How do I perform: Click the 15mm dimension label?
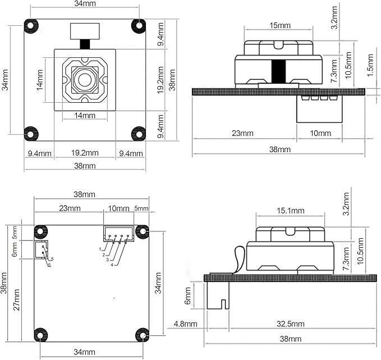pos(280,25)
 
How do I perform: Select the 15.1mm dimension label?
pos(290,211)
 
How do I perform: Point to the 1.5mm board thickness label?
pos(370,65)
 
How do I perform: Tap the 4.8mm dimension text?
pos(185,324)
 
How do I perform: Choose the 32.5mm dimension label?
pos(290,324)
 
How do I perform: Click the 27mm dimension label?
pos(16,300)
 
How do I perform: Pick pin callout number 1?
pos(100,249)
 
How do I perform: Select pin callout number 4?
pos(112,265)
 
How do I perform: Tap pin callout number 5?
pos(52,259)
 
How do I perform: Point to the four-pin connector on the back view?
pos(119,234)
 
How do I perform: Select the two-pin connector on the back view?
pos(42,249)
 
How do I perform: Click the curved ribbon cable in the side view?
pos(238,258)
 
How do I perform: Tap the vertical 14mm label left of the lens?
pos(40,80)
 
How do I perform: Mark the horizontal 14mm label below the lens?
pos(85,115)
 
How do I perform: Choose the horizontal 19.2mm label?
pos(85,153)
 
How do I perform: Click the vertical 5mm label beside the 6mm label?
pos(15,233)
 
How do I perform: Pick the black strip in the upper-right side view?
pos(278,71)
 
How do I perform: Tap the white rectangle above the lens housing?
pos(85,31)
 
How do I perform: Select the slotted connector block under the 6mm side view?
pos(218,295)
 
